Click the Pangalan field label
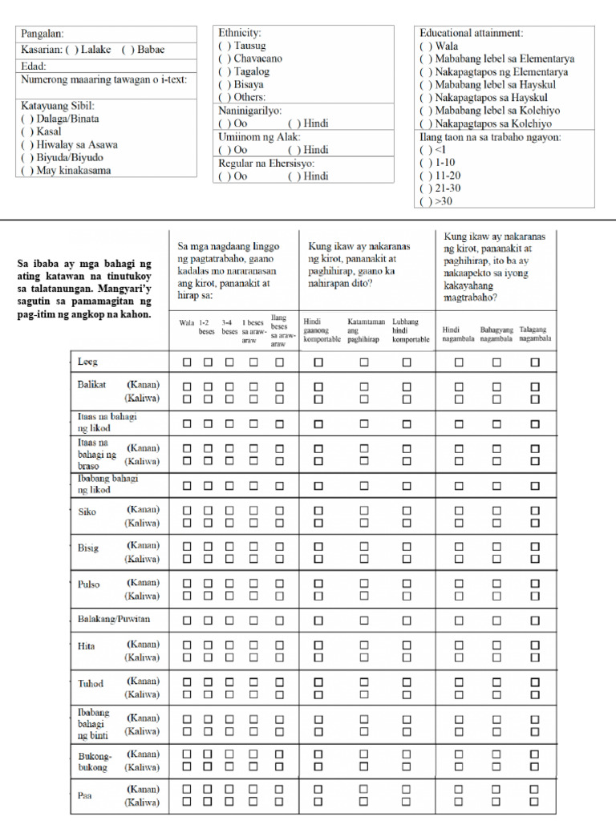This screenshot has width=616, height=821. click(x=43, y=34)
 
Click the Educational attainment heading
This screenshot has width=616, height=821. click(x=471, y=33)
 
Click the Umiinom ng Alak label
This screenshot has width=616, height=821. click(x=249, y=137)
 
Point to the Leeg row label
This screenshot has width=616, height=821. click(x=87, y=362)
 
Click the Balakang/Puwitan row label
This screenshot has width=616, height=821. click(x=114, y=620)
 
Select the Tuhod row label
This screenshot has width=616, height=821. click(x=91, y=684)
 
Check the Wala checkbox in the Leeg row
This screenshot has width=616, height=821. click(x=187, y=362)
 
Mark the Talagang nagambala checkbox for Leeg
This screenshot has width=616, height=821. click(x=535, y=362)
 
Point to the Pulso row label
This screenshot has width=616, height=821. click(x=89, y=584)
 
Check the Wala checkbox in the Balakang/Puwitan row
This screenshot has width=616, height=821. click(x=187, y=620)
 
